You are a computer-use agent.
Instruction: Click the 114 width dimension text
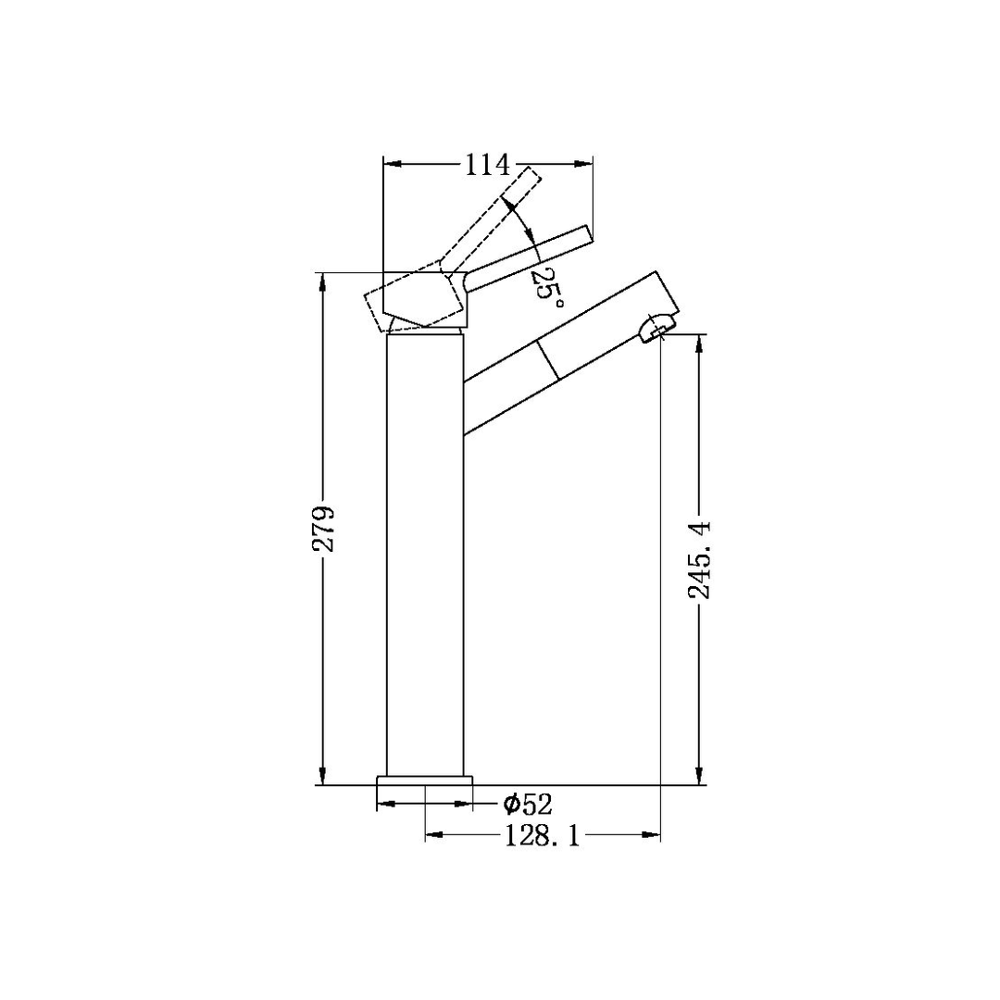[487, 165]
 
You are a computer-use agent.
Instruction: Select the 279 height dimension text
[323, 528]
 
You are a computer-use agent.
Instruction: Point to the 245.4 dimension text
[701, 559]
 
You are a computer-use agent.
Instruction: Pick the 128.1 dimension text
[542, 836]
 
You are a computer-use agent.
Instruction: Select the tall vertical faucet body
[424, 556]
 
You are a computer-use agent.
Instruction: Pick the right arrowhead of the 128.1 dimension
[652, 836]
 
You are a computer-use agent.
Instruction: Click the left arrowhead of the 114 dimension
[393, 165]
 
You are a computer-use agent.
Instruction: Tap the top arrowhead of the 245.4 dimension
[701, 344]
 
